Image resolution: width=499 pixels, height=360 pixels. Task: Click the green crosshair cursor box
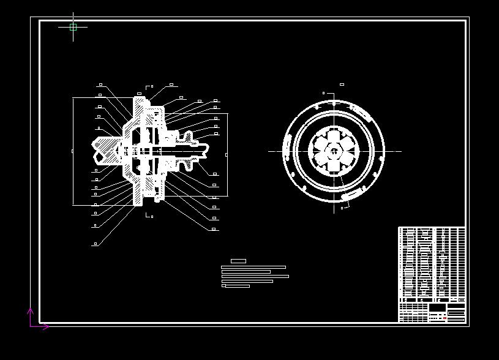[x=73, y=27]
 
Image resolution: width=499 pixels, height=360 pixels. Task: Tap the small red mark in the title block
[x=445, y=318]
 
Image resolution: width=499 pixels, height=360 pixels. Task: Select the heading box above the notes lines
[x=238, y=261]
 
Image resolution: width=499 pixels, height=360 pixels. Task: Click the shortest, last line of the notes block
[x=236, y=286]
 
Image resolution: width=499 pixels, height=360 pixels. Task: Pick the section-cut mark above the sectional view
[x=149, y=87]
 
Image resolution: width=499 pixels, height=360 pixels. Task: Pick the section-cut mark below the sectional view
[x=149, y=216]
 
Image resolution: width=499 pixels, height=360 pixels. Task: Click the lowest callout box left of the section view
[x=95, y=244]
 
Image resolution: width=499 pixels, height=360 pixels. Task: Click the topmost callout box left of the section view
[x=100, y=84]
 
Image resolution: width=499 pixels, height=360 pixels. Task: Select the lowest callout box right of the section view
[x=214, y=230]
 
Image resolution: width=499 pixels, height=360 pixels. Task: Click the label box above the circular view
[x=342, y=84]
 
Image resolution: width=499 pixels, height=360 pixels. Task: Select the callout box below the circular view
[x=342, y=208]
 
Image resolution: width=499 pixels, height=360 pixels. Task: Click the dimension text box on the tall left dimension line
[x=73, y=151]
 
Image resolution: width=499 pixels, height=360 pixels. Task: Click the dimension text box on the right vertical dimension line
[x=227, y=155]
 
